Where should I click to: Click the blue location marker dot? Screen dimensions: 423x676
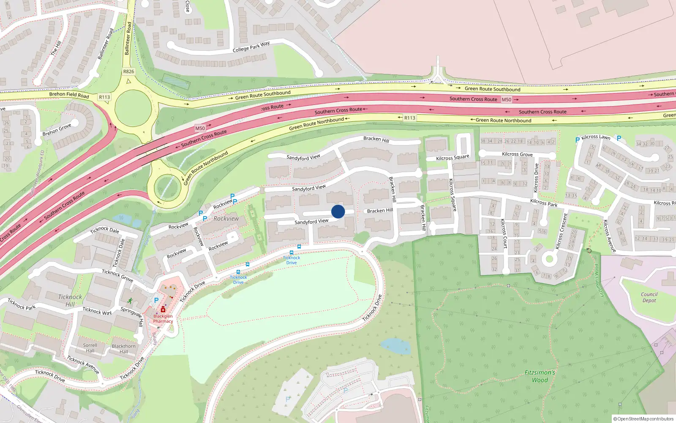click(x=338, y=211)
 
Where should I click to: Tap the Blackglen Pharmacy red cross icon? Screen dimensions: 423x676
click(x=163, y=310)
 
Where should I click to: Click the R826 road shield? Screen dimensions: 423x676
click(x=128, y=71)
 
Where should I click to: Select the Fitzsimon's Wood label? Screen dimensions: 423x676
click(x=540, y=376)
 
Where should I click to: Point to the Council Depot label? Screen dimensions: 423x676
click(x=649, y=297)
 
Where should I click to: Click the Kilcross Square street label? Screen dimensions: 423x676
click(x=452, y=157)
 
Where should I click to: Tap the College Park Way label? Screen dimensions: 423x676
click(x=251, y=47)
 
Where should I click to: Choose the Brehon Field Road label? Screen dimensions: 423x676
click(x=69, y=95)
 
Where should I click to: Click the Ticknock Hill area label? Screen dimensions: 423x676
click(x=70, y=300)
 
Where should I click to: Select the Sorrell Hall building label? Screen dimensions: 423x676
click(x=90, y=348)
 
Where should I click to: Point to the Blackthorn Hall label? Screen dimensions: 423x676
click(x=124, y=349)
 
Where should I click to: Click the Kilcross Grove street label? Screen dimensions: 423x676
click(x=517, y=154)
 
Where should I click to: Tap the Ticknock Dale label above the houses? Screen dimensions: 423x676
click(x=105, y=230)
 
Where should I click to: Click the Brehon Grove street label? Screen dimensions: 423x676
click(x=57, y=130)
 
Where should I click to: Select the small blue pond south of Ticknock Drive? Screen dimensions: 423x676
click(x=395, y=346)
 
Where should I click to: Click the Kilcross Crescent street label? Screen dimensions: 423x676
click(x=562, y=232)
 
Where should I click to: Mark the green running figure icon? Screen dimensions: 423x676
click(x=130, y=301)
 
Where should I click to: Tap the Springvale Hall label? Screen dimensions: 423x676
click(x=132, y=316)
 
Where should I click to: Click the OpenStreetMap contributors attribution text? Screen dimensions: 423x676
click(x=643, y=419)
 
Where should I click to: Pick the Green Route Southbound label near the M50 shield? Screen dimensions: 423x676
click(x=492, y=89)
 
